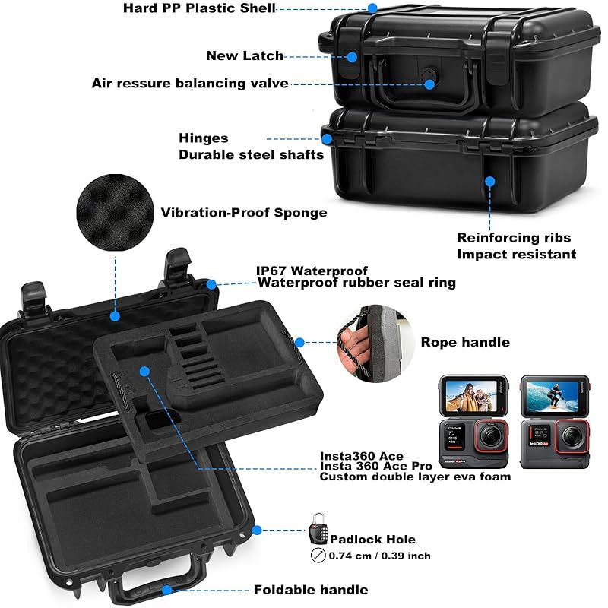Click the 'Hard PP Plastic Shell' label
click(199, 8)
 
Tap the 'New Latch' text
click(245, 55)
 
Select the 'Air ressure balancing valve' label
click(190, 84)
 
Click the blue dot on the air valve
click(429, 84)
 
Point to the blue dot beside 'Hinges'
click(327, 139)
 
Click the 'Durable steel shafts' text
click(252, 155)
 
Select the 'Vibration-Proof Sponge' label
click(244, 213)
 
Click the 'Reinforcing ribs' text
click(514, 237)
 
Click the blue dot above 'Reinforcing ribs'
click(489, 181)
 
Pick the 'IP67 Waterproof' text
click(312, 271)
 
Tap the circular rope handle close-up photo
click(375, 344)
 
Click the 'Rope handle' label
click(465, 343)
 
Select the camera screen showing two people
click(471, 396)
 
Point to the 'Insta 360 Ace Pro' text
click(375, 466)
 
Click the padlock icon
click(318, 529)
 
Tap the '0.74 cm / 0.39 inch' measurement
click(379, 556)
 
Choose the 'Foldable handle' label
click(311, 590)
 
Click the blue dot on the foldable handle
click(167, 591)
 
